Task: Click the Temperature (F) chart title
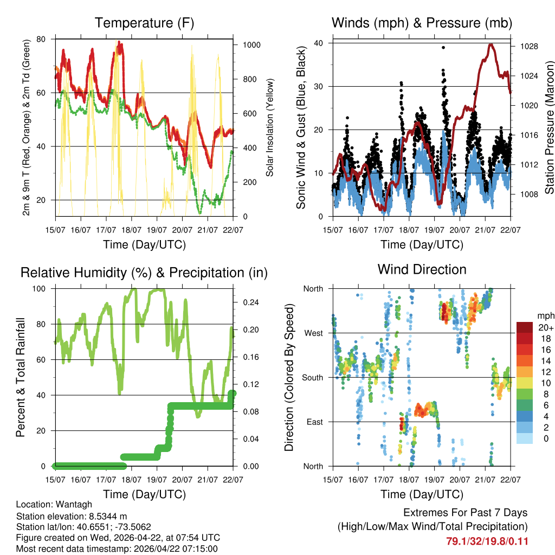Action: click(x=144, y=23)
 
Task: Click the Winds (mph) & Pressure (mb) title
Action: click(x=422, y=23)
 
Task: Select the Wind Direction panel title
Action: click(x=422, y=269)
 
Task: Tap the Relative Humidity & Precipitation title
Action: click(x=144, y=273)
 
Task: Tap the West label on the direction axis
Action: click(x=314, y=333)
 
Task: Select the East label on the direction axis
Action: click(x=314, y=422)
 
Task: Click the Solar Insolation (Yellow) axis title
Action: click(x=270, y=127)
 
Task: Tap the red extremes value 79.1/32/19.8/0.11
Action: click(x=487, y=541)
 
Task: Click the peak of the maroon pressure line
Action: click(x=491, y=44)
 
